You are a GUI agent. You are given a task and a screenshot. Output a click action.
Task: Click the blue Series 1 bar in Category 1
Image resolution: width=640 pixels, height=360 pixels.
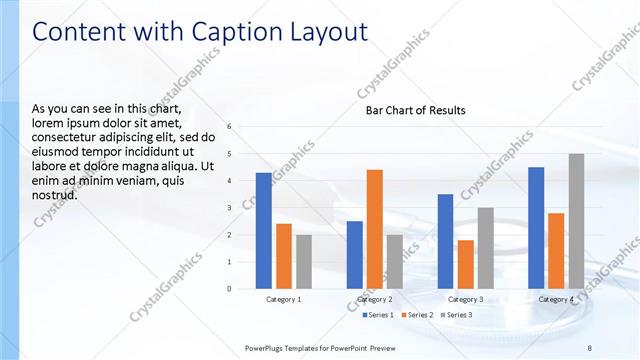coord(263,231)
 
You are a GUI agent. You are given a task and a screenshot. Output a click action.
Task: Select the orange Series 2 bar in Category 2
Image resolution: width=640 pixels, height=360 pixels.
coord(374,229)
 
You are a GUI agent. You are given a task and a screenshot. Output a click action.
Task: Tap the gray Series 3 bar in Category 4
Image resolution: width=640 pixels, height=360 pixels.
coord(576,221)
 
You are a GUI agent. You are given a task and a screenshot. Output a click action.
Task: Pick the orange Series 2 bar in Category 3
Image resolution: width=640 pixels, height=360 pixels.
coord(465,264)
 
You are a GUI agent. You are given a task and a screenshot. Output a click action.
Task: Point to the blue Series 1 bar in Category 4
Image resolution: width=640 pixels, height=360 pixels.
coord(536,228)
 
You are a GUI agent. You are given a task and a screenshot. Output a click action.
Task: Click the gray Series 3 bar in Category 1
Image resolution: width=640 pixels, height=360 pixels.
coord(304,262)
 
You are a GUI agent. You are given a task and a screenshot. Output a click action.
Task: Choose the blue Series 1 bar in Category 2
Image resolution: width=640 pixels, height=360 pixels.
coord(354,255)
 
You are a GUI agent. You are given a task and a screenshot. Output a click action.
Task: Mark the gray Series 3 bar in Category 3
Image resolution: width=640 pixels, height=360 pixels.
coord(485,248)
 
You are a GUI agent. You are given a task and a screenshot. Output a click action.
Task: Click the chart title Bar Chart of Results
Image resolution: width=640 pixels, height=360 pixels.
coord(415,110)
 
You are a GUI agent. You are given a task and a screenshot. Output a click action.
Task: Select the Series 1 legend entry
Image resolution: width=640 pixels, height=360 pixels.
coord(376,315)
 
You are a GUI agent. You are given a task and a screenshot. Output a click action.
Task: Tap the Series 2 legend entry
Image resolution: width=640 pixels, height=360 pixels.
coord(417,315)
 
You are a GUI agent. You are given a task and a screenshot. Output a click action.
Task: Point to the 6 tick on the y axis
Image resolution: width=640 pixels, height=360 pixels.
coord(229,127)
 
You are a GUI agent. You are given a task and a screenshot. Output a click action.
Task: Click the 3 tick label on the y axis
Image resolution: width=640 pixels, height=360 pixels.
coord(229,208)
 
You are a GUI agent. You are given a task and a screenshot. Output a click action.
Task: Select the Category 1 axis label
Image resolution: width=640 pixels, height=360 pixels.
coord(284,299)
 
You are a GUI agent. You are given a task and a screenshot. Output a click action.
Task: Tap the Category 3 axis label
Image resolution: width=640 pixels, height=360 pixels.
coord(465,299)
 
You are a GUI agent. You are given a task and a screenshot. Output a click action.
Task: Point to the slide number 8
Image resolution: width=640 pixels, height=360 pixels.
coord(589,347)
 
